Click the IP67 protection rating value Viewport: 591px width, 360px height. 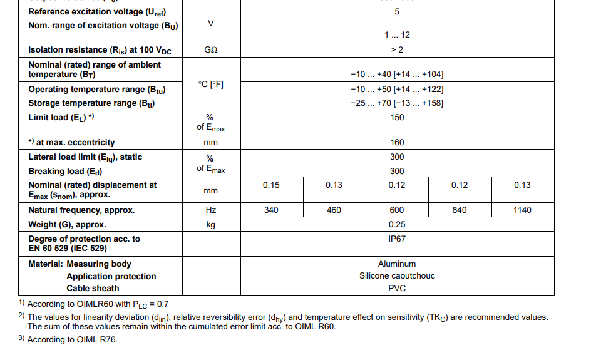point(397,239)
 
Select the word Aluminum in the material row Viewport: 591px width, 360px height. point(397,264)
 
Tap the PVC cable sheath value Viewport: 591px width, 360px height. point(397,288)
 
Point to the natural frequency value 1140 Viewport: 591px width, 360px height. point(522,210)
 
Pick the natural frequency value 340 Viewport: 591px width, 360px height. point(271,210)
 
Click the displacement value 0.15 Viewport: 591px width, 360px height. point(271,185)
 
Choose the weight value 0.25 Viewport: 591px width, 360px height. point(397,224)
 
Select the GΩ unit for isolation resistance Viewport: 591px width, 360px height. point(211,49)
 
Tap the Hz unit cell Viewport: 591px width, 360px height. point(211,210)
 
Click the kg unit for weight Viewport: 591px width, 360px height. point(211,224)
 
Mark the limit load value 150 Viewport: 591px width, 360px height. point(397,117)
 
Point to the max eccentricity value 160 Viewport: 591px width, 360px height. point(397,142)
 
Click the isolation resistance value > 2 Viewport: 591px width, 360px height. point(397,49)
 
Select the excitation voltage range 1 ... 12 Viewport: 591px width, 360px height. point(397,35)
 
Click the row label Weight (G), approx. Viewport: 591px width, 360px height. point(67,224)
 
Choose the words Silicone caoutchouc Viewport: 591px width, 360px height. point(397,275)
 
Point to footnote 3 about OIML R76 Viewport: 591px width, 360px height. point(68,339)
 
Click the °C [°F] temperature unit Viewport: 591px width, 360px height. point(211,84)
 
